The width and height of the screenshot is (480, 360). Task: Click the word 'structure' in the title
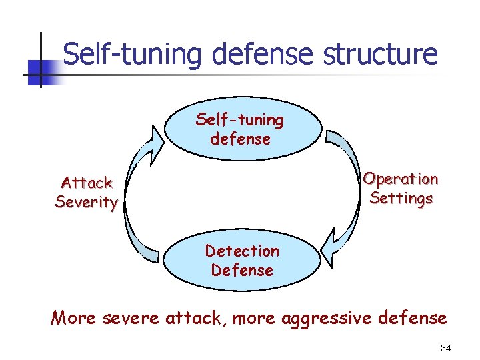click(x=380, y=54)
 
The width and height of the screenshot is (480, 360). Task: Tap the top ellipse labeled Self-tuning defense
click(x=240, y=130)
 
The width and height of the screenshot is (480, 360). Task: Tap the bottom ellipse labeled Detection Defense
click(x=241, y=261)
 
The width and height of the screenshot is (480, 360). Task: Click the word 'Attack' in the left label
click(x=87, y=183)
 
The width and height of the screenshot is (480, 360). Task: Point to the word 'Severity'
click(x=87, y=202)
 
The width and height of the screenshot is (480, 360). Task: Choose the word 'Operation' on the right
click(x=401, y=179)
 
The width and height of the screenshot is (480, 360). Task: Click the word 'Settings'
click(x=401, y=199)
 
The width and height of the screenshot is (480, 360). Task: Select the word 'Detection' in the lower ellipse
click(x=242, y=251)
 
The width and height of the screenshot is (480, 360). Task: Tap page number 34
click(x=446, y=348)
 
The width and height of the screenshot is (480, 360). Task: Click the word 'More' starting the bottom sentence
click(x=73, y=318)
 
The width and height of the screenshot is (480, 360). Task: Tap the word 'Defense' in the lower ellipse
click(x=242, y=271)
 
